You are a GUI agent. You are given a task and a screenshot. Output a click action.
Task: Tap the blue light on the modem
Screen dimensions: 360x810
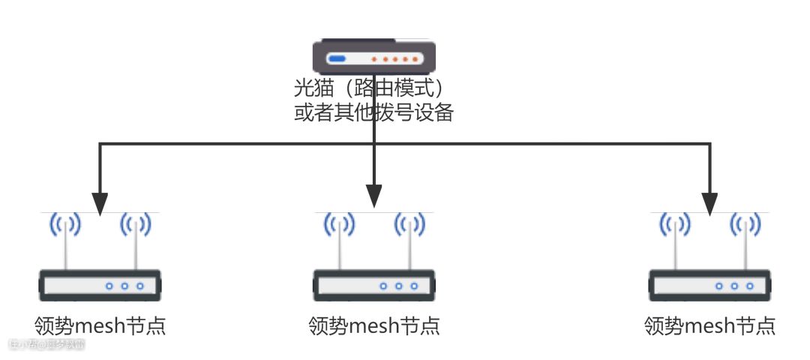(337, 58)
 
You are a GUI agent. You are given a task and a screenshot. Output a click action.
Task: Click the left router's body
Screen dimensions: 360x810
(100, 286)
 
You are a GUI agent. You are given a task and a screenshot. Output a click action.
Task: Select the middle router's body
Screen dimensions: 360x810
(373, 286)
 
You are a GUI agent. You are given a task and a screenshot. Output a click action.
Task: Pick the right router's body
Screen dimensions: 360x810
(709, 286)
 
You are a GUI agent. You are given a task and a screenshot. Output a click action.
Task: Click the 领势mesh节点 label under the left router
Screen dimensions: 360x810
(100, 326)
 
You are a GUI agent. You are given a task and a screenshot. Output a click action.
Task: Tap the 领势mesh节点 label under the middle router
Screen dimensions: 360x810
(373, 326)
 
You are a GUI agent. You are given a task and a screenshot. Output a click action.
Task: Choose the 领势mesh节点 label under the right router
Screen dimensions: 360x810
(709, 326)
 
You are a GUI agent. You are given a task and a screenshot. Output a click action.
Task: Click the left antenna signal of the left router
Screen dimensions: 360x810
(65, 224)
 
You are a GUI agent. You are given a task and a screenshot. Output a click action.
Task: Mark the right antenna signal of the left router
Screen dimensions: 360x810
(135, 224)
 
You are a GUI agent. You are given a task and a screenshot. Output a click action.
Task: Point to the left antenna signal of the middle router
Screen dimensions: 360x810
(339, 224)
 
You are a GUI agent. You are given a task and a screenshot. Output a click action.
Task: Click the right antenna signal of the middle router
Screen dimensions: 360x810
(409, 224)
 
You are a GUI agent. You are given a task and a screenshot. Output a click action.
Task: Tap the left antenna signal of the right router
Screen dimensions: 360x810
(675, 224)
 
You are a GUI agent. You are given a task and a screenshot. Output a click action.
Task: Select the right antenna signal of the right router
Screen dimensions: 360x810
(745, 224)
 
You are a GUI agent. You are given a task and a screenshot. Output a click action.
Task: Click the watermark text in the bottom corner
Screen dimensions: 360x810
(46, 345)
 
